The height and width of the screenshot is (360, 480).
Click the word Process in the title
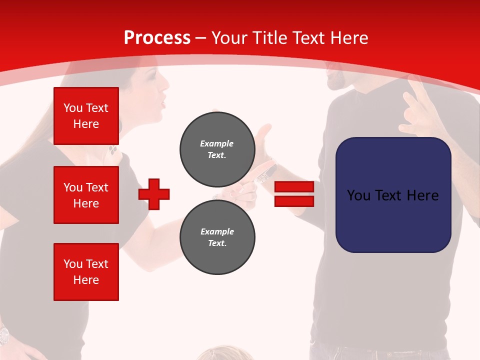click(x=157, y=38)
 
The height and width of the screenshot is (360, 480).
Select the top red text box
click(x=86, y=116)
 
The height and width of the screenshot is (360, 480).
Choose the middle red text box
click(x=86, y=195)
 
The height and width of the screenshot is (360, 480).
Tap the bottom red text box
click(x=86, y=272)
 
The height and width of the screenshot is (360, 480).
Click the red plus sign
click(x=154, y=194)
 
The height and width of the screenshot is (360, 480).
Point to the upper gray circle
click(x=217, y=149)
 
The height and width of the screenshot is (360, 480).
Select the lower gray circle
click(x=217, y=237)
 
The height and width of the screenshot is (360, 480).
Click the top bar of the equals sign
click(x=294, y=186)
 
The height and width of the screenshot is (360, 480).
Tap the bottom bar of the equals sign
click(x=294, y=201)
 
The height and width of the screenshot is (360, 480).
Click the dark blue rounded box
click(x=393, y=195)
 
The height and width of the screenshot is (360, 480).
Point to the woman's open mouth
click(x=162, y=104)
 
